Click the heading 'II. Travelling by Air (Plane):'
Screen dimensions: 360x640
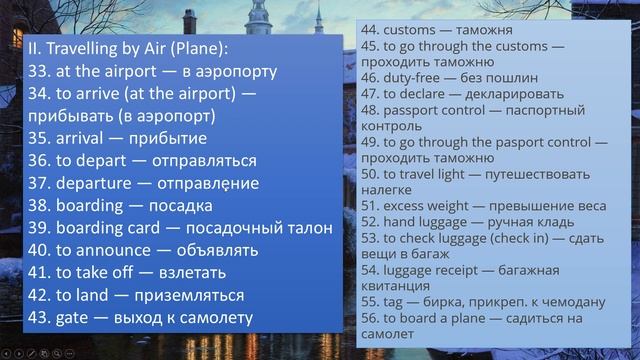point(128,49)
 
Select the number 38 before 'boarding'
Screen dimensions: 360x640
point(40,206)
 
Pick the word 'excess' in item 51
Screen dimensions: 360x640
point(406,206)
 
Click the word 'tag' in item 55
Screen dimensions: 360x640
point(394,301)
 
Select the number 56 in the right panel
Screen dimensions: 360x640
point(370,317)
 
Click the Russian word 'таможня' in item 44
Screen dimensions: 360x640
point(487,30)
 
